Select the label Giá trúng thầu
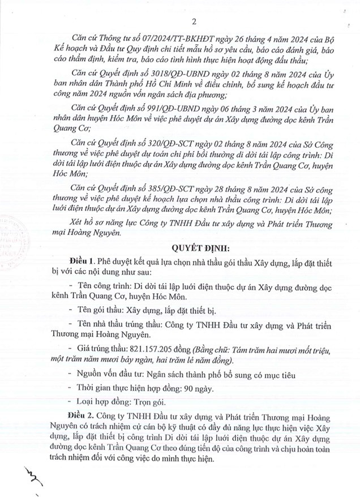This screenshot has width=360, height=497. (94, 349)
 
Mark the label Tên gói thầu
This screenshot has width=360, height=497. (97, 311)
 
